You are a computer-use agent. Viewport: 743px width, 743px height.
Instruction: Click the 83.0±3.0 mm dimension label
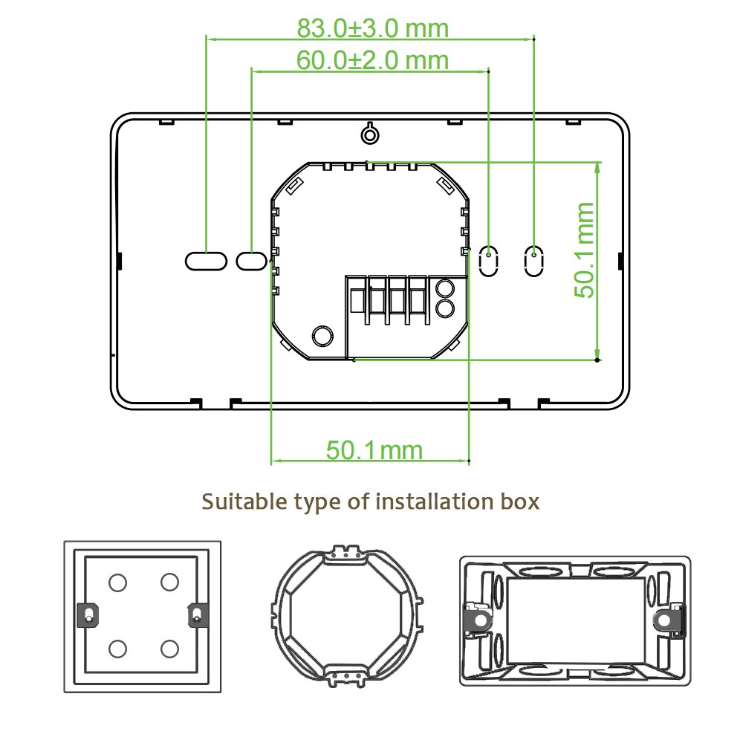373,28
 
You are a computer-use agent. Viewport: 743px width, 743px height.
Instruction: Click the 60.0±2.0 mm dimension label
373,59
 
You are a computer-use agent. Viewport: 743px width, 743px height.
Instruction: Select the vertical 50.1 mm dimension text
586,249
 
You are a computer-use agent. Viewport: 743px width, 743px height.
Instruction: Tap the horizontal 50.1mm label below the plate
374,450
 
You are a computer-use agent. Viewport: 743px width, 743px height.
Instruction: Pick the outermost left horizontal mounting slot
205,260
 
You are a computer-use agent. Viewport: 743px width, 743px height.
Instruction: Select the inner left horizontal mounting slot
251,260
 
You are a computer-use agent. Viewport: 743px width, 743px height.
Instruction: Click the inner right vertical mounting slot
488,260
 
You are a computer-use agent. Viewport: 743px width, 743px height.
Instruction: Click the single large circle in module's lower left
322,336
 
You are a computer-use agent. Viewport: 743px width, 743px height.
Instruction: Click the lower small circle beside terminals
444,308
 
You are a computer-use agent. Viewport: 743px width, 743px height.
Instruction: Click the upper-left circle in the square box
117,582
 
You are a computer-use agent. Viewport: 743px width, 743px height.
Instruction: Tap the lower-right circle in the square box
169,649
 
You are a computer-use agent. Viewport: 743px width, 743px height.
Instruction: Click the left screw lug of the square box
88,615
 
